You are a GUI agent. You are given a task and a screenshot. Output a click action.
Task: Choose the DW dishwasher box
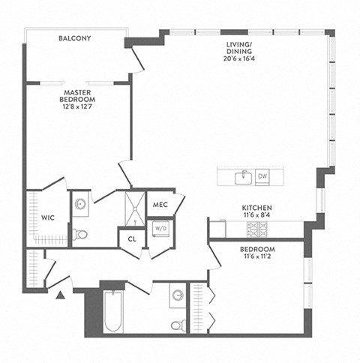pyautogui.click(x=262, y=177)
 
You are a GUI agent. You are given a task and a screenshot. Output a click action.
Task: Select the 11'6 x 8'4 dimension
pyautogui.click(x=256, y=215)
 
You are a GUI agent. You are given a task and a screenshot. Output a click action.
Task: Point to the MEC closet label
pyautogui.click(x=160, y=204)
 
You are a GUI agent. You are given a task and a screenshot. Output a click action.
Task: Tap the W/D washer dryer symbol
pyautogui.click(x=160, y=227)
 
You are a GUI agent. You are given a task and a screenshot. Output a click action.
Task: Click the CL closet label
pyautogui.click(x=132, y=238)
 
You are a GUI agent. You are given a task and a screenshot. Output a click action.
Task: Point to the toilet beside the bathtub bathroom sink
pyautogui.click(x=178, y=325)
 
